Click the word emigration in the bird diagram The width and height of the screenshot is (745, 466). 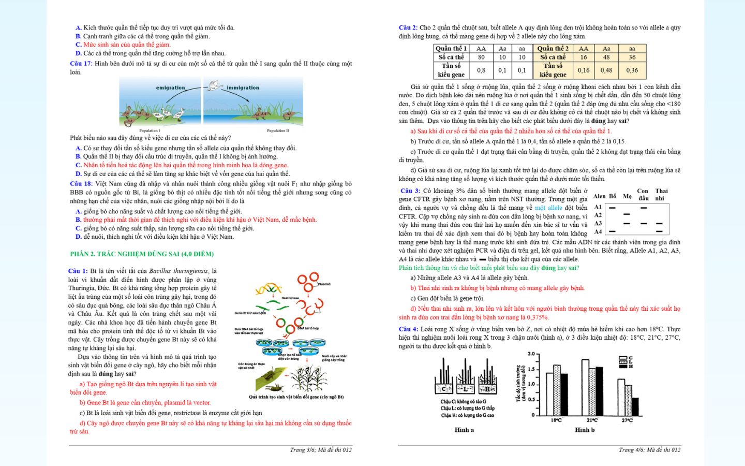[x=170, y=88]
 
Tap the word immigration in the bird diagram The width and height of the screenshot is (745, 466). [x=243, y=88]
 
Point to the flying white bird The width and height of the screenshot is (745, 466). [x=215, y=86]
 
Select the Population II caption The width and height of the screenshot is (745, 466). [x=278, y=130]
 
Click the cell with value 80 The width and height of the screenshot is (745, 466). [x=481, y=57]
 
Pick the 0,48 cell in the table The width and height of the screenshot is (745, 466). [x=606, y=70]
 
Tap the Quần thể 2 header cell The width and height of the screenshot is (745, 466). [x=553, y=49]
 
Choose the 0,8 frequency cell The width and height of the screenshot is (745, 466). [x=481, y=70]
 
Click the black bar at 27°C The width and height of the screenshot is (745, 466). [x=635, y=406]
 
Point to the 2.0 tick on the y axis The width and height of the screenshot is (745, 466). [x=531, y=354]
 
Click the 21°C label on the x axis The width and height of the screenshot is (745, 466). [x=592, y=420]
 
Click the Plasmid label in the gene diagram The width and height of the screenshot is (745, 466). [x=324, y=284]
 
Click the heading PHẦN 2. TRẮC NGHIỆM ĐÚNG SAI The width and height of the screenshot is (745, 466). [x=142, y=254]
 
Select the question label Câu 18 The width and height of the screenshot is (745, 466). [x=81, y=184]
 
